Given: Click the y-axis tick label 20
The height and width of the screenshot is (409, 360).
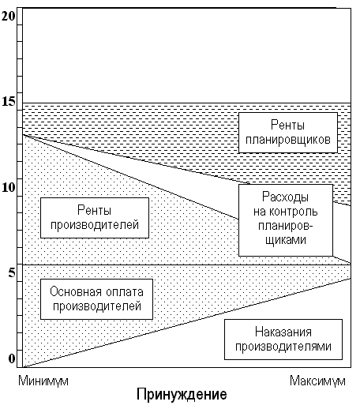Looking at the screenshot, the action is click(x=8, y=17).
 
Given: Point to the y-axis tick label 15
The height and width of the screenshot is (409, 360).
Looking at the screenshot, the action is click(x=9, y=102).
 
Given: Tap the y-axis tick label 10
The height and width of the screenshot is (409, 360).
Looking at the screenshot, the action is click(x=9, y=187).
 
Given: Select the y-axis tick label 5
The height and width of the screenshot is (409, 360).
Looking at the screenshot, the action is click(x=12, y=272).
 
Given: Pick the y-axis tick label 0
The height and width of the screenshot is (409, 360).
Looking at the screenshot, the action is click(x=12, y=358).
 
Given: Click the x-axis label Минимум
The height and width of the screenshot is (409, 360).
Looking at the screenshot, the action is click(x=43, y=381).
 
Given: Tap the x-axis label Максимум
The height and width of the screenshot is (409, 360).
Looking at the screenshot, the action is click(x=317, y=381).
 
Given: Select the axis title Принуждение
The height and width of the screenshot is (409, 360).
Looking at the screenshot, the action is click(x=182, y=395).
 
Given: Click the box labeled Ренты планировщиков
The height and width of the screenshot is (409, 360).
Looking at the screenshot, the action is click(x=288, y=133).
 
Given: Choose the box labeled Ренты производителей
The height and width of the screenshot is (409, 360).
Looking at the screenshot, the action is click(x=95, y=218).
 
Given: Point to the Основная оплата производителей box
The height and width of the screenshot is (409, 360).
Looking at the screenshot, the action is click(x=96, y=299).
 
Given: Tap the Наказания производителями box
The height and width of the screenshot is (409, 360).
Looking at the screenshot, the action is click(x=283, y=340).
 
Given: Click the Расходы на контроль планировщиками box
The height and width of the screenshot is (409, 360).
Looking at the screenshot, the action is click(x=286, y=220).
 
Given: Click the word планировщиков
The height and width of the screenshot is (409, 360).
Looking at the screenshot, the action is click(x=288, y=140).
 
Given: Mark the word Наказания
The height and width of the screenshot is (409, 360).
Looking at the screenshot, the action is click(x=283, y=332).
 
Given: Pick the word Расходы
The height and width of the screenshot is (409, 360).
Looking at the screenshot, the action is click(x=286, y=197).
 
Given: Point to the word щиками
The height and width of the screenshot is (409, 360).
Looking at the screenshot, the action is click(x=286, y=240).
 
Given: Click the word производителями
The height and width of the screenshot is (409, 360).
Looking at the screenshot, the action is click(x=283, y=347).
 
